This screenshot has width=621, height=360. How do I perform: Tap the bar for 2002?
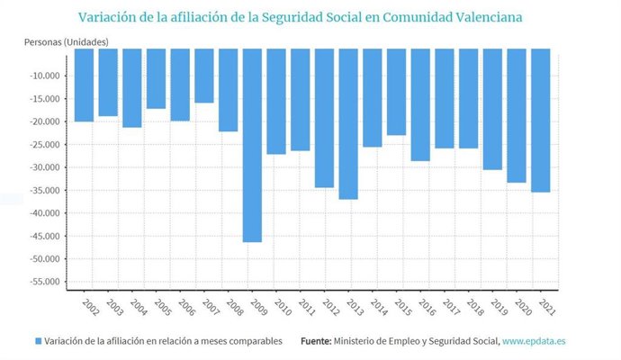(x=84, y=85)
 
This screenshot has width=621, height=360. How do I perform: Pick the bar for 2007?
(x=204, y=76)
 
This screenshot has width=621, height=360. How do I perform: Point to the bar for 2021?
(x=540, y=121)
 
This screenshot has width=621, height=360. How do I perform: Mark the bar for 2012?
(x=324, y=118)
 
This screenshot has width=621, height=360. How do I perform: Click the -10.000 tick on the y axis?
(x=43, y=76)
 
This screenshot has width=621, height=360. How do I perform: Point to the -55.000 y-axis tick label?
(x=43, y=282)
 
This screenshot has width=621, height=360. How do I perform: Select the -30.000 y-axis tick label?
(x=43, y=167)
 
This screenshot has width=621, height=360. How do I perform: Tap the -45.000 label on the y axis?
(x=43, y=236)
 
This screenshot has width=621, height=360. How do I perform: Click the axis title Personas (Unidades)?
(x=66, y=42)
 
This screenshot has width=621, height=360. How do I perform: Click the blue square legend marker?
(x=38, y=341)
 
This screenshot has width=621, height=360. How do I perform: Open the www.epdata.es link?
(x=535, y=341)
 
